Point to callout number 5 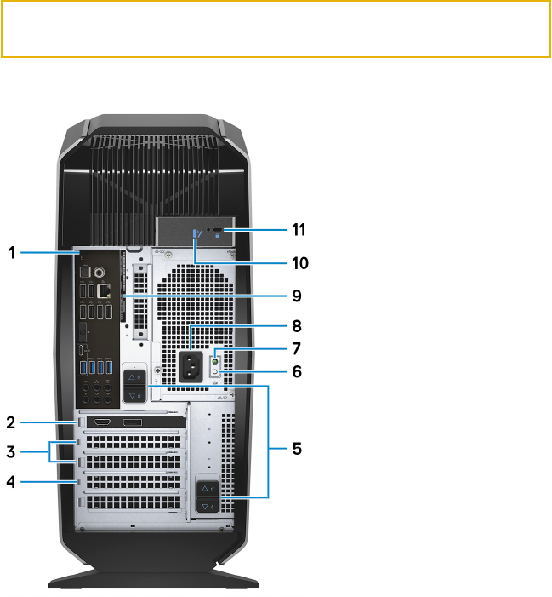coord(296,447)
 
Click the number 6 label coord(296,371)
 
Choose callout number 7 coord(296,348)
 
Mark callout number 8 coord(296,325)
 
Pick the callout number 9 coord(296,296)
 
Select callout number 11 coord(298,229)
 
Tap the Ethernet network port coord(104,290)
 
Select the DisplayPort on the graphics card coord(133,422)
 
